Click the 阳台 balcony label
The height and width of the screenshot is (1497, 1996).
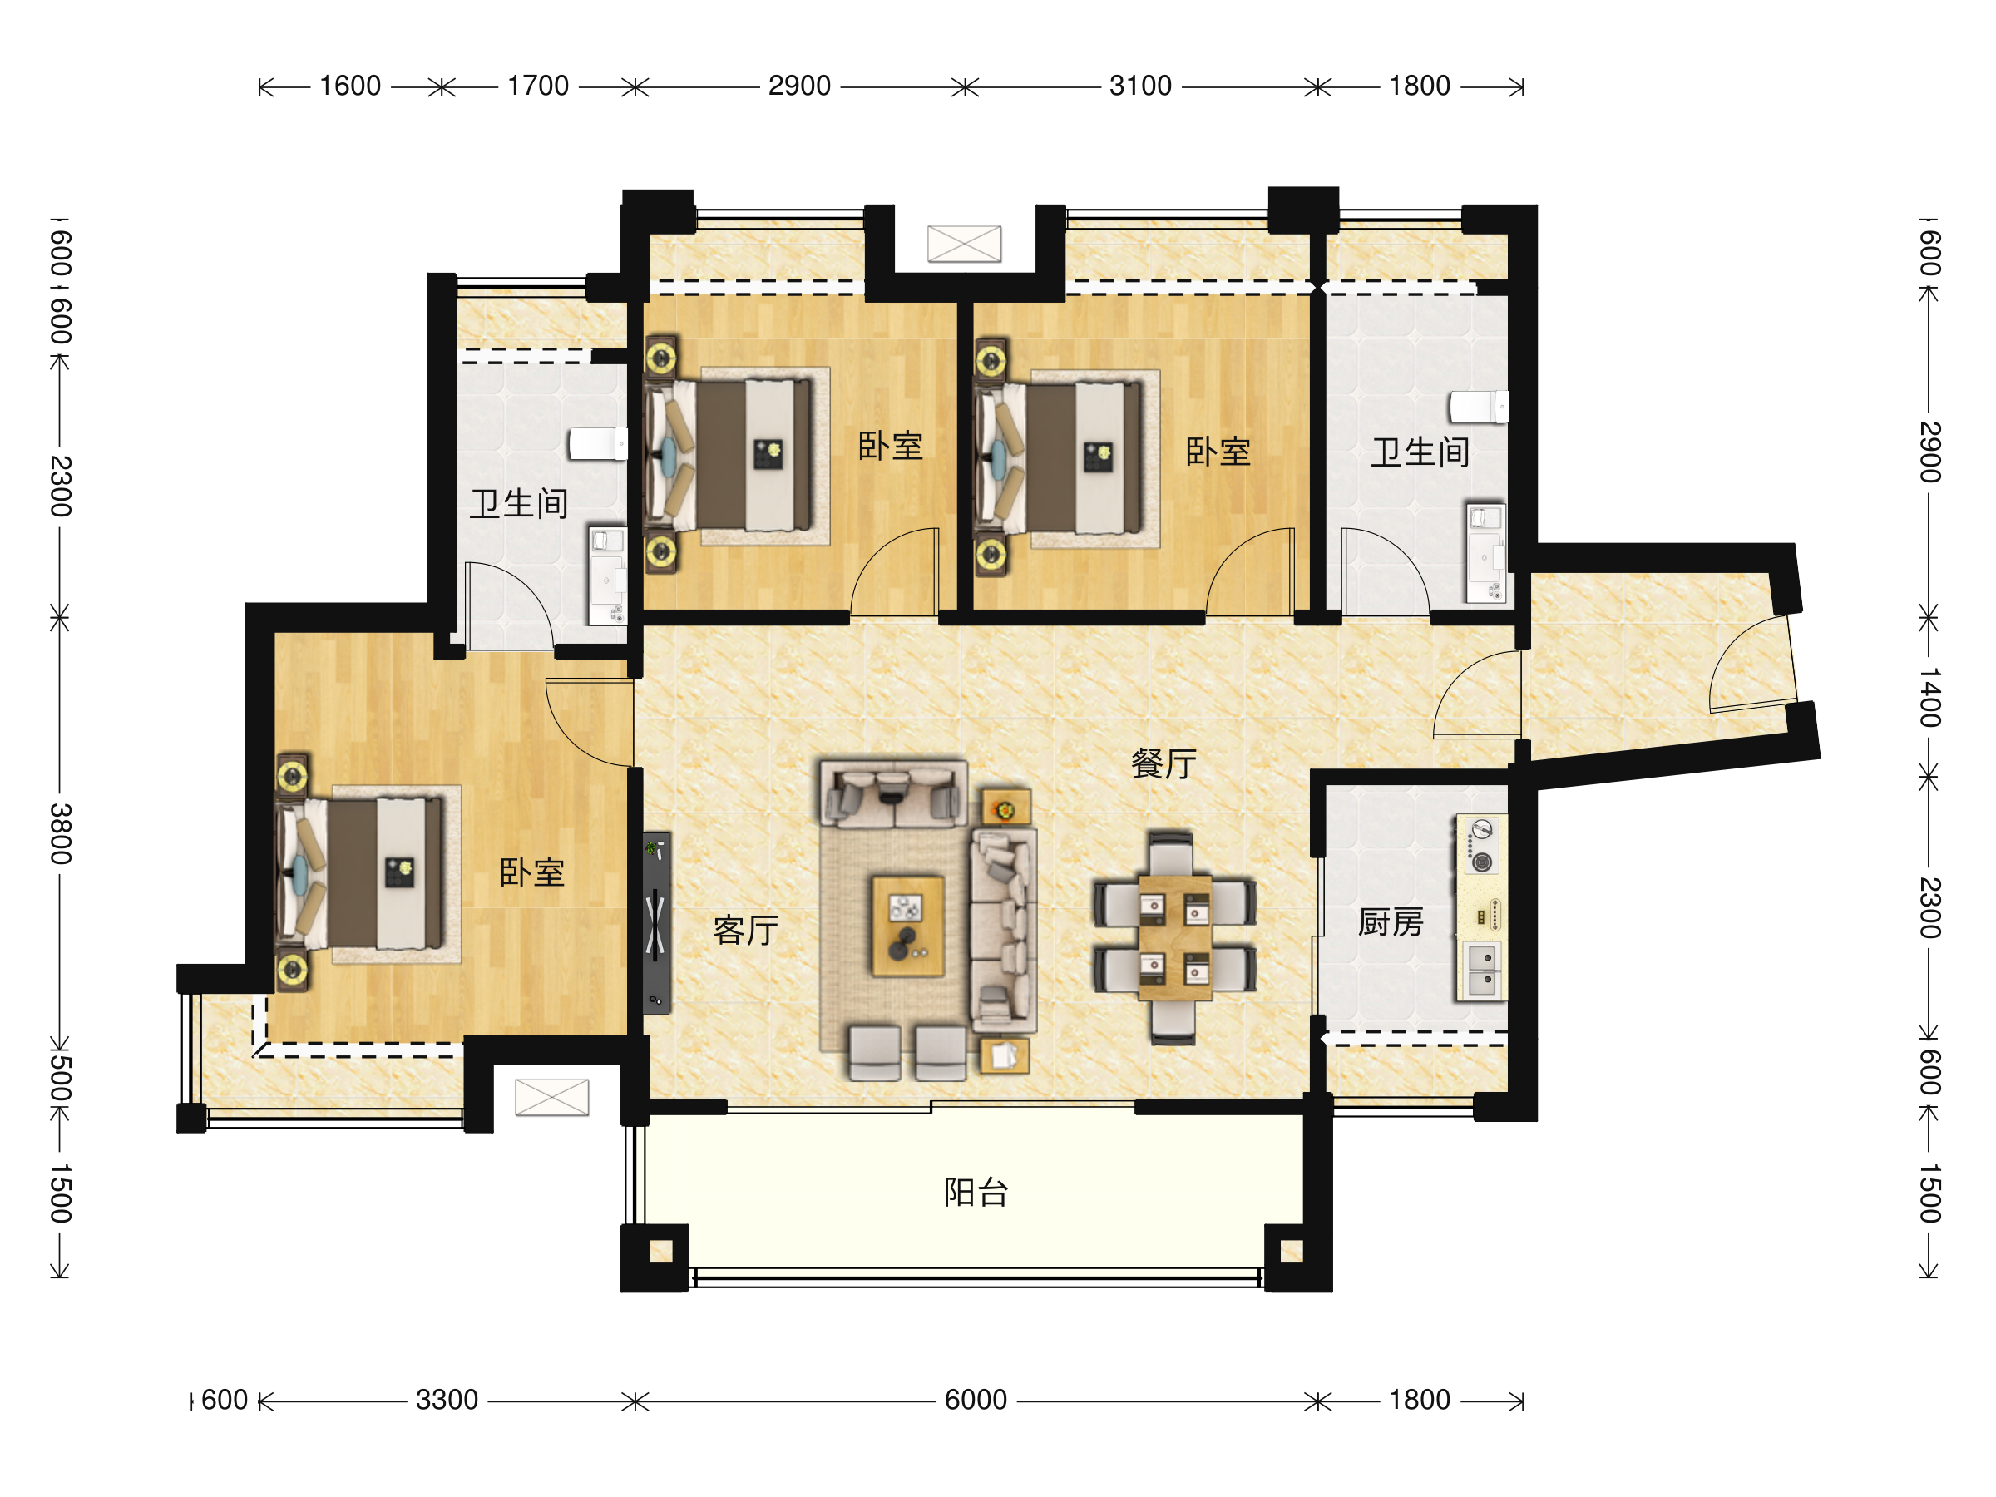coord(976,1193)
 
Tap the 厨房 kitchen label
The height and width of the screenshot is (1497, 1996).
coord(1391,922)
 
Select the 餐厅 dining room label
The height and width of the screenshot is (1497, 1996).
coord(1164,763)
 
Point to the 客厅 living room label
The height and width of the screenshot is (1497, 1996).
coord(745,930)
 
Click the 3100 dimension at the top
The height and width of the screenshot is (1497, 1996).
coord(1140,86)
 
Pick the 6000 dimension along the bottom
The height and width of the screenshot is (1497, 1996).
coord(976,1400)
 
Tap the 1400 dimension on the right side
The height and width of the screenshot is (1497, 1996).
coord(1929,698)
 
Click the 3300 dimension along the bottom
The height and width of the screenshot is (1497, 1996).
coord(447,1400)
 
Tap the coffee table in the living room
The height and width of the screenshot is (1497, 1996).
coord(908,926)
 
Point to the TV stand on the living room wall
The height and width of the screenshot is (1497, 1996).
coord(656,923)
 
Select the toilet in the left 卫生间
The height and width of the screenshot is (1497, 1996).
coord(597,444)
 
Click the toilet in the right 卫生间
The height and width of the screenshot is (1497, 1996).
coord(1478,407)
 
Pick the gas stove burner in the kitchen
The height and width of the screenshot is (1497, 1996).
coord(1482,862)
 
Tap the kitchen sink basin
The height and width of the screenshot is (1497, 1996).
coord(1482,969)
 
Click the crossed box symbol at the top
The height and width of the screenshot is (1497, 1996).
coord(965,244)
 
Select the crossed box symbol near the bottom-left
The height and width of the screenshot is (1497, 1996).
coord(551,1097)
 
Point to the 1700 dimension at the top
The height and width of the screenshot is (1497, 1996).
coord(538,86)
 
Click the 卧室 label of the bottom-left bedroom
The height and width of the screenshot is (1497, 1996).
coord(532,872)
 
